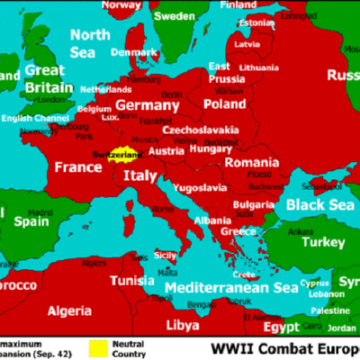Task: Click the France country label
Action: click(78, 167)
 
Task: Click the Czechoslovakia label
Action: click(201, 130)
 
